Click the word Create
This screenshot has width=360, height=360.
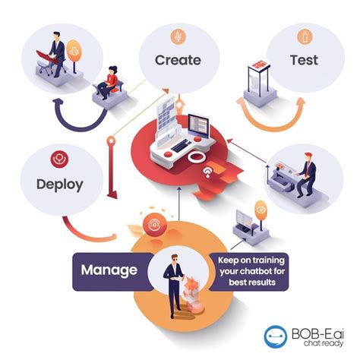pyautogui.click(x=178, y=60)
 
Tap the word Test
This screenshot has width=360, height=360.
pyautogui.click(x=304, y=60)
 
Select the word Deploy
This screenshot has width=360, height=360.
pyautogui.click(x=60, y=185)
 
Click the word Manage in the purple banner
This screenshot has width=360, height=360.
pyautogui.click(x=109, y=270)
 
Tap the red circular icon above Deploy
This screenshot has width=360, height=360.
pyautogui.click(x=59, y=159)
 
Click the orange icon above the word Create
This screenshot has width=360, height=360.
pyautogui.click(x=178, y=36)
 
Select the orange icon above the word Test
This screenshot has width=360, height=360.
pyautogui.click(x=305, y=37)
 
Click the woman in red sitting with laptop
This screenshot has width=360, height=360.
pyautogui.click(x=109, y=82)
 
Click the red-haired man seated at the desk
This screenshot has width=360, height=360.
pyautogui.click(x=306, y=174)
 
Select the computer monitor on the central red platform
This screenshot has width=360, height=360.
pyautogui.click(x=198, y=126)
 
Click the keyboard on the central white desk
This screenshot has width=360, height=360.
pyautogui.click(x=182, y=146)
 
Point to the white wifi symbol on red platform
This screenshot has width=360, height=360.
pyautogui.click(x=208, y=172)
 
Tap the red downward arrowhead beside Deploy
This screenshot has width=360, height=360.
pyautogui.click(x=112, y=195)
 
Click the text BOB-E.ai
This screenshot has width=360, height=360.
pyautogui.click(x=317, y=333)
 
